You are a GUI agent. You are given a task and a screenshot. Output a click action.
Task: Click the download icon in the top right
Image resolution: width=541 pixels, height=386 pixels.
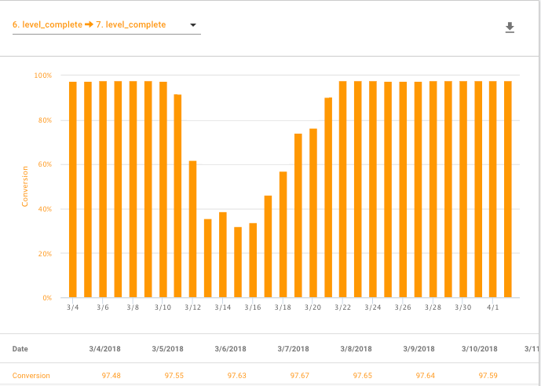[x=510, y=28]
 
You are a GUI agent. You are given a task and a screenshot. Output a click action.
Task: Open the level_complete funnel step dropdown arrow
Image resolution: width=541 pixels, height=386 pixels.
[x=192, y=25]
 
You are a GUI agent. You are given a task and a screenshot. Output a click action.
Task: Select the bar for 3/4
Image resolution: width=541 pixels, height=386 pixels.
[x=73, y=189]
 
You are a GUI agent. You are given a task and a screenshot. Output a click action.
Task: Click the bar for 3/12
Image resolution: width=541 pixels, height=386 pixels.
[x=193, y=229]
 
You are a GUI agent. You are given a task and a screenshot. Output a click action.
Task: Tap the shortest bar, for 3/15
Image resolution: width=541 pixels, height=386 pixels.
[x=238, y=263]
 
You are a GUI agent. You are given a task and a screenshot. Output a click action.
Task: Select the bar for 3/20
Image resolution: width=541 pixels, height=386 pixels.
[x=313, y=213]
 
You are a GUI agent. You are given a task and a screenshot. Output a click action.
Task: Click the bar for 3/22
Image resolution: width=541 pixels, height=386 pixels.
[x=343, y=189]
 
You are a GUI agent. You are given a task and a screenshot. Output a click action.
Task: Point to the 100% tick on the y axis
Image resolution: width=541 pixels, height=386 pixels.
[x=42, y=75]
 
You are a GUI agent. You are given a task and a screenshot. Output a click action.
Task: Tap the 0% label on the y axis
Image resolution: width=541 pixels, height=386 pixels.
[x=46, y=298]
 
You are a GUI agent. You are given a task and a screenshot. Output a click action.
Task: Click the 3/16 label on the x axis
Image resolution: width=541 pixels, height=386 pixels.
[x=253, y=308]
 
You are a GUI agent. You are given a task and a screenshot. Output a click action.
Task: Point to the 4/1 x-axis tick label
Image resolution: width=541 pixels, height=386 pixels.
[x=493, y=308]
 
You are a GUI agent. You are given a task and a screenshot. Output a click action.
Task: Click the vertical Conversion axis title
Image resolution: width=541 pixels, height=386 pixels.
[x=25, y=186]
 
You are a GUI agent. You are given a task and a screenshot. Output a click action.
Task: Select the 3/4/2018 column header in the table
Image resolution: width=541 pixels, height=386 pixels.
[x=104, y=349]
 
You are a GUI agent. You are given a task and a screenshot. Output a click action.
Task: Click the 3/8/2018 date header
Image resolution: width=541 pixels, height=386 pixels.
[x=356, y=349]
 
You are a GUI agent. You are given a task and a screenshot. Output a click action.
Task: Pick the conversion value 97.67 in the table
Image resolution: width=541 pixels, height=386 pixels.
[x=299, y=376]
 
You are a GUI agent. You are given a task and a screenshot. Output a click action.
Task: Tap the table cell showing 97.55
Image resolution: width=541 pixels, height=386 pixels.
[x=174, y=376]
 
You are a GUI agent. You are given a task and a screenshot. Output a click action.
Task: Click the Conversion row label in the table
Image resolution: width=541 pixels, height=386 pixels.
[x=31, y=376]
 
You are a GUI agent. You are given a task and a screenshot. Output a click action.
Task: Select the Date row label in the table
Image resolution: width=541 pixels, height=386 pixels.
[x=20, y=349]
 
